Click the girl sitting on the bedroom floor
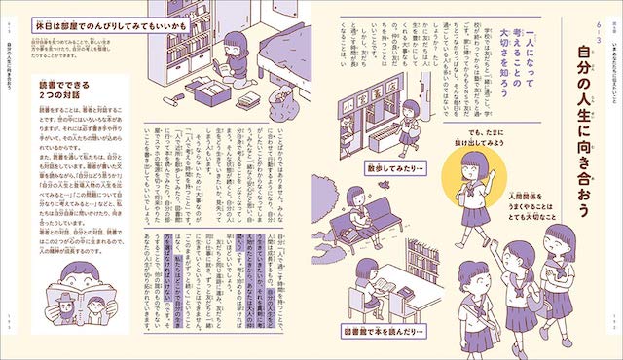(x=233, y=59)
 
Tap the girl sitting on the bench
(x=365, y=215)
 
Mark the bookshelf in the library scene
(x=419, y=263)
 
